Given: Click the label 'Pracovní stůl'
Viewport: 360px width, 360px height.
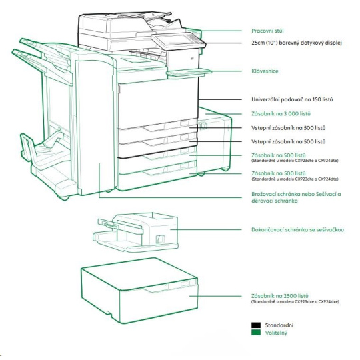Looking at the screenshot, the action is [267, 31].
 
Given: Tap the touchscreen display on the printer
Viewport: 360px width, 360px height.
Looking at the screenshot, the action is [175, 41].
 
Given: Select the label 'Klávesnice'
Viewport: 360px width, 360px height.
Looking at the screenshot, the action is [265, 71].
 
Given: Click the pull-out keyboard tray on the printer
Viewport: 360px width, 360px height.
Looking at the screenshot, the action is [189, 73].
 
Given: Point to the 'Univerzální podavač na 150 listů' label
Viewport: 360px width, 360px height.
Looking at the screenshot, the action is [292, 99].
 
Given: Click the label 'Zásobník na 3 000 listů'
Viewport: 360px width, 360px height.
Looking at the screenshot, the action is [281, 113].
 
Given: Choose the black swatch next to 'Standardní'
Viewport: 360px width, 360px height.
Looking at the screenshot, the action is [256, 325].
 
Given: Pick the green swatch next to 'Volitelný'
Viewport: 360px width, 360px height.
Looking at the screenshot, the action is [256, 333].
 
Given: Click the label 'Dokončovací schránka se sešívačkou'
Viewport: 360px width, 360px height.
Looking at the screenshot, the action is [297, 229].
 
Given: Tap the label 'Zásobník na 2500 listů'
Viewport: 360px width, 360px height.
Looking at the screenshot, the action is [280, 296].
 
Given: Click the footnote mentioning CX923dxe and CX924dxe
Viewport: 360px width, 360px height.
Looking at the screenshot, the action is [295, 301].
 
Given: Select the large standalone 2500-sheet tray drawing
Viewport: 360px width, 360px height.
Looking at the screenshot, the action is [139, 291].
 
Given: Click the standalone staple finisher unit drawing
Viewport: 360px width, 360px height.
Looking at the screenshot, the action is [136, 232].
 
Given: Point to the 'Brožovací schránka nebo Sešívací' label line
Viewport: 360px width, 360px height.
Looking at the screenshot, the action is [296, 194].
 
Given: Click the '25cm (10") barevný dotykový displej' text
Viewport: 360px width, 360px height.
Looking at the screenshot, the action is [297, 43].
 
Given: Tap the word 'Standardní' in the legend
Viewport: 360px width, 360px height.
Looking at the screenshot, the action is [279, 325].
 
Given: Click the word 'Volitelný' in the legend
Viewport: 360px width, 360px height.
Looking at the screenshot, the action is [276, 333].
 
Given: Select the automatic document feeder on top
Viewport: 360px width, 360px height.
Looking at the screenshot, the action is [129, 23].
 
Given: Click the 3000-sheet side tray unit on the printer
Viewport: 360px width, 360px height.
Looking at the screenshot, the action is [215, 140].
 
